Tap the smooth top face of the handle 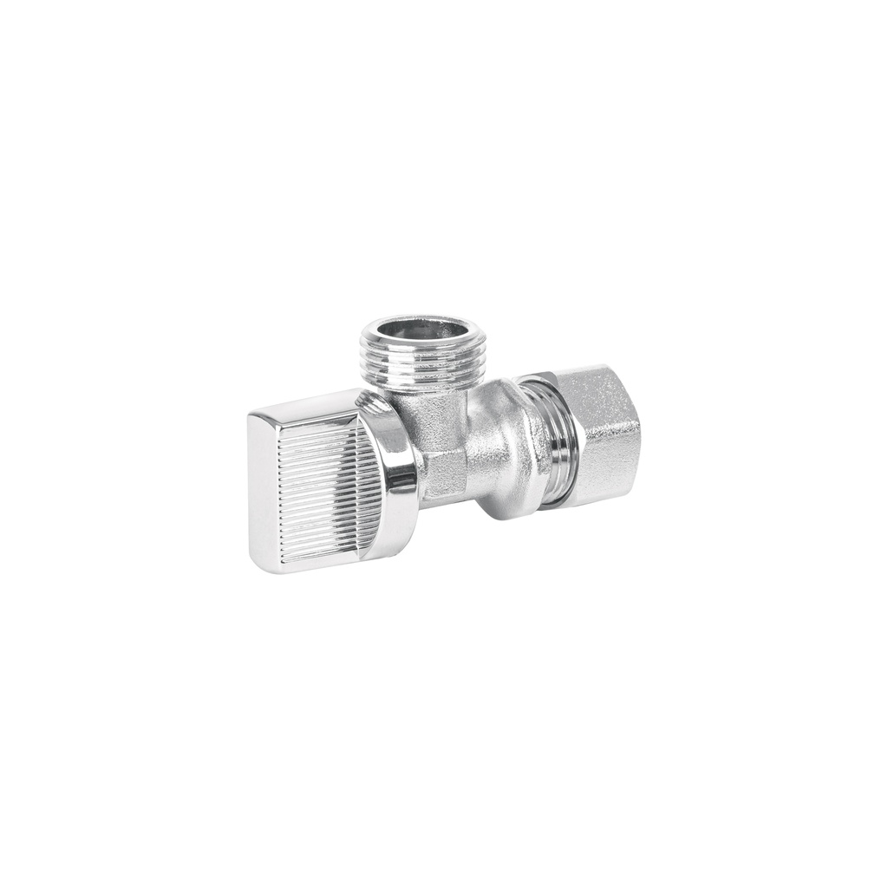click(304, 408)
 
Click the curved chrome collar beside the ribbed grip click(401, 473)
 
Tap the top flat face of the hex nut click(590, 378)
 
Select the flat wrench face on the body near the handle click(444, 473)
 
